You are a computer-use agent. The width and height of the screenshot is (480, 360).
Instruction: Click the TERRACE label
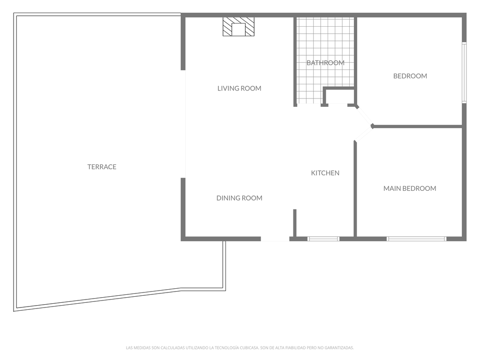click(102, 167)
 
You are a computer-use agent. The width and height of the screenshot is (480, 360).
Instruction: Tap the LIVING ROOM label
click(239, 88)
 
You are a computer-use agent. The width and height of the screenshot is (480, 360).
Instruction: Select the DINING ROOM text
click(239, 198)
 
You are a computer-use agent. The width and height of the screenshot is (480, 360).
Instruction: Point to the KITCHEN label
click(325, 173)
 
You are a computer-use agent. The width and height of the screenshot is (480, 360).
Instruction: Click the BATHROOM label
click(325, 63)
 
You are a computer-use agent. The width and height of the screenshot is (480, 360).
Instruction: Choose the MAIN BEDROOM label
click(410, 188)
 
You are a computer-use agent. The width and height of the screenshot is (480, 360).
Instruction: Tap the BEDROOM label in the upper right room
click(410, 76)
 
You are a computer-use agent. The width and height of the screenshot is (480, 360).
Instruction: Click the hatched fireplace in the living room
click(239, 27)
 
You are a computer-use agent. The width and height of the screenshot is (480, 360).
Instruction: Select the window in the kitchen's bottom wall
click(323, 239)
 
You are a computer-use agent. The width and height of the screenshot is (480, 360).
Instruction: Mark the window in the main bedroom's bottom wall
click(416, 239)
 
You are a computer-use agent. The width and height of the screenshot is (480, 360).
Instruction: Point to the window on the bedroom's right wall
click(464, 73)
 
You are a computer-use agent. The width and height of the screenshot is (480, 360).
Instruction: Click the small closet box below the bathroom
click(339, 97)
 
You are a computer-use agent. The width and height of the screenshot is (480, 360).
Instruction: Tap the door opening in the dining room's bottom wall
click(275, 239)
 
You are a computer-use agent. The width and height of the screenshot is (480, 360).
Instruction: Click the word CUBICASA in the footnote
click(246, 348)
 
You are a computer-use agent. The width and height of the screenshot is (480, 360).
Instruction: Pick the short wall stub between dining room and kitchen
click(295, 223)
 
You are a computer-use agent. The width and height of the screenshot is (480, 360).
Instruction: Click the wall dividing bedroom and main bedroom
click(417, 126)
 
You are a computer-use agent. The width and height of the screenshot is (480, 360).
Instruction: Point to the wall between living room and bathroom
click(295, 61)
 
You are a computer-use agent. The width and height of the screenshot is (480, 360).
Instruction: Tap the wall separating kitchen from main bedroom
click(355, 187)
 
